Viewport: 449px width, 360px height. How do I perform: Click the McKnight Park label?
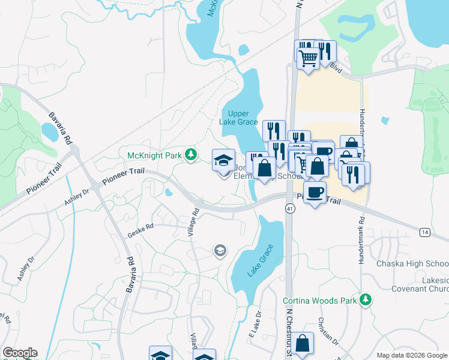pos(154,156)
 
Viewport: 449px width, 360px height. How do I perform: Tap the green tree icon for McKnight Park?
pos(191,155)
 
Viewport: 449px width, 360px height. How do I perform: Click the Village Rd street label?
pos(194,221)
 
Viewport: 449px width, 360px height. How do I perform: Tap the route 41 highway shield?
pos(290,208)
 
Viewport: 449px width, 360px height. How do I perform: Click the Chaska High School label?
pos(412,264)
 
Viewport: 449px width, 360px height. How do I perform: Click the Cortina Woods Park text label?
pos(320,299)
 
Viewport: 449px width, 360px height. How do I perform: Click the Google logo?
pos(20,353)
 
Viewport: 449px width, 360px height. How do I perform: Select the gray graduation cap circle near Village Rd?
pos(220,250)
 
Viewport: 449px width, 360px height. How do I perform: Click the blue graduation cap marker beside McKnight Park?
pos(223,161)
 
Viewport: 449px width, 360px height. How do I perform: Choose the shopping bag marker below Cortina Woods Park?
pos(304,344)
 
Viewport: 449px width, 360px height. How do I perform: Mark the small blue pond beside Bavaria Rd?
pos(50,131)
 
